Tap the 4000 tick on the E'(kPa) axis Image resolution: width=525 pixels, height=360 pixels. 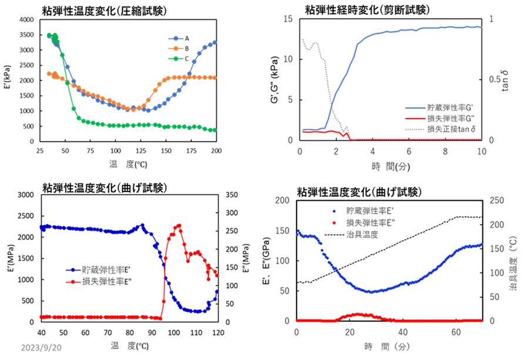[26, 19]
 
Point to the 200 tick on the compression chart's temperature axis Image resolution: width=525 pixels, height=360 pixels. [216, 150]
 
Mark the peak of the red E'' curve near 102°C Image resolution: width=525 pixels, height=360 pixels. [178, 225]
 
